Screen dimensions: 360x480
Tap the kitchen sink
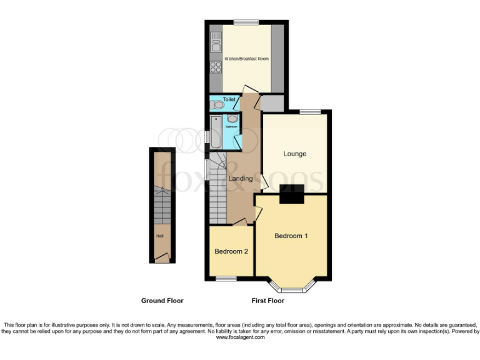point(216,43)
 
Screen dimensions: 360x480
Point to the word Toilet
point(229,99)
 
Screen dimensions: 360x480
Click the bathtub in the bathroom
point(216,131)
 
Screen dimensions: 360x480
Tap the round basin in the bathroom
point(232,119)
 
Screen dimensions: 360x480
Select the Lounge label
point(294,154)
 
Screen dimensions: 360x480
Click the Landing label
point(241,179)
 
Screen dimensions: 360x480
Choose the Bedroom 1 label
point(291,236)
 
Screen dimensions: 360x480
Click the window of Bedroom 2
point(226,277)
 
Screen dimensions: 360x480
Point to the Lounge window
point(309,112)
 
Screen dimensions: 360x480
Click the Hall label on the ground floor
point(160,236)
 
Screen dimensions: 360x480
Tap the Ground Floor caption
point(162,301)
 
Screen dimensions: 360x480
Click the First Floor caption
point(267,301)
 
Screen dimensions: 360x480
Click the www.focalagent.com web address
point(241,337)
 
